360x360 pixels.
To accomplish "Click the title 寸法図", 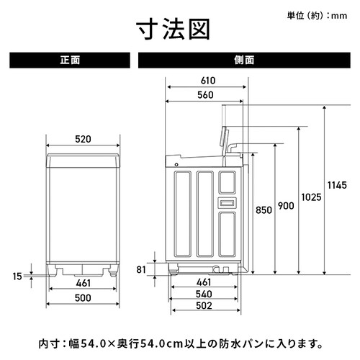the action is pos(174,30).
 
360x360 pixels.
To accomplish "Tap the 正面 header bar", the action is pos(70,60).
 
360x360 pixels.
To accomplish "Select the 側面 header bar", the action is pos(244,60).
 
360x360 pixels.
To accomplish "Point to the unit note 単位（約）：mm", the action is pos(317,16).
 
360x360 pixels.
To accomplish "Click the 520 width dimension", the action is pos(83,139).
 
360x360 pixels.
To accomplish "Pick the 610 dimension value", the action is pos(208,81).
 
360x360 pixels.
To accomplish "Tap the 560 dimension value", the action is pos(205,95).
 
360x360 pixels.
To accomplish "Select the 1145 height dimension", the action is pos(337,185).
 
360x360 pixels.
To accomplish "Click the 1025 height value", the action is pos(311,197).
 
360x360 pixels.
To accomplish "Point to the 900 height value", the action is pos(286,206).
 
